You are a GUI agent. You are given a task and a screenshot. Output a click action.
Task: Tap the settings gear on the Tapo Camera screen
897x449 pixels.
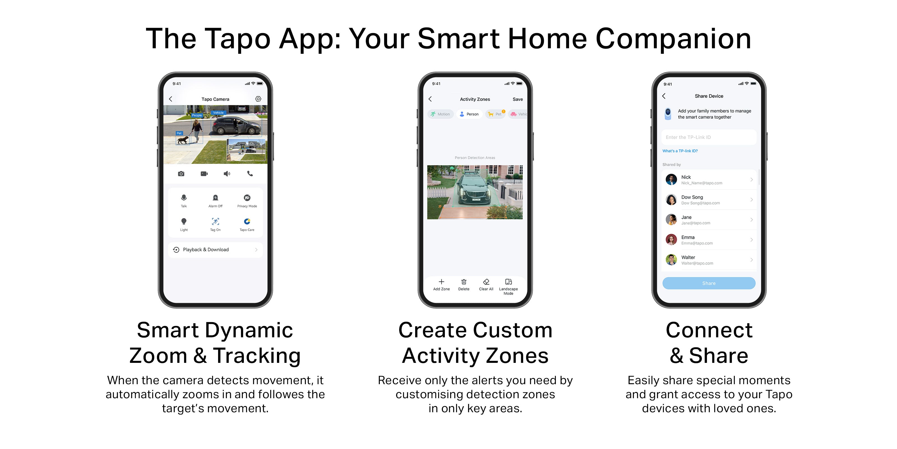coord(258,99)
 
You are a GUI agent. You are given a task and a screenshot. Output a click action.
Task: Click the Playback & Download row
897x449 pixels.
coord(215,249)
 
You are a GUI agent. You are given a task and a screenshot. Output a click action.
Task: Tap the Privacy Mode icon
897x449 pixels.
coord(247,198)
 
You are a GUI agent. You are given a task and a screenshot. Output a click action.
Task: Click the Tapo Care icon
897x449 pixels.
coord(247,221)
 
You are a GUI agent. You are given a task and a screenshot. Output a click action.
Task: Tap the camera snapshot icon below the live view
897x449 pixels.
coord(181,174)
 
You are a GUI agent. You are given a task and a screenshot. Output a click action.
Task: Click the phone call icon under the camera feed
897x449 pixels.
coord(250,174)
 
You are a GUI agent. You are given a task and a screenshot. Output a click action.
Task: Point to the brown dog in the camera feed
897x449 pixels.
coord(183,140)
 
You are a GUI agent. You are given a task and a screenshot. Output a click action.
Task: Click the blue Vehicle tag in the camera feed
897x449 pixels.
coord(218,113)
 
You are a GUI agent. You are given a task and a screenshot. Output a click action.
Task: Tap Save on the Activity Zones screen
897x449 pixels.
coord(517,99)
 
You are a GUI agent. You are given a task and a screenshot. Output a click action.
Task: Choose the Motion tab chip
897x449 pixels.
coord(440,114)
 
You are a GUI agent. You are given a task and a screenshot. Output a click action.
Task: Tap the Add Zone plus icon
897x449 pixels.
coord(441,282)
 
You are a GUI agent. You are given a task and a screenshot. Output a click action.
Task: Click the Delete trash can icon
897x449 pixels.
coord(464,282)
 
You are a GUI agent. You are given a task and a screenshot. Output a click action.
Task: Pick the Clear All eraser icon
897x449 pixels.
coord(486,282)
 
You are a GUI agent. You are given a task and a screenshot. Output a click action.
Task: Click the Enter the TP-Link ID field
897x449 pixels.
coord(709,137)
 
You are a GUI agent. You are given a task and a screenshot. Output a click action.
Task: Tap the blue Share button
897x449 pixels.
coord(709,283)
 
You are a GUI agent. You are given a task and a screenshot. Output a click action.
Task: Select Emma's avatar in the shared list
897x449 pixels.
coord(671,239)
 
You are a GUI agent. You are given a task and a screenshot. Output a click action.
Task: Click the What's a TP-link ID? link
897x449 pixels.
coord(680,151)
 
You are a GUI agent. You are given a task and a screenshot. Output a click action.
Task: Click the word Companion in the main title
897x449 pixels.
coord(673,39)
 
